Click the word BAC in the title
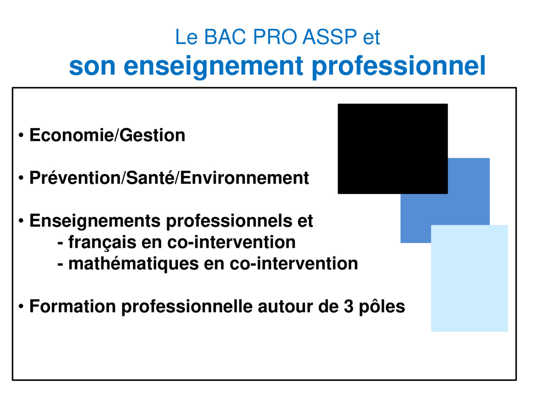225,37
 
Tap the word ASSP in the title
329,37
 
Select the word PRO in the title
275,37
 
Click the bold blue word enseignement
213,67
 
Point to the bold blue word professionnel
399,67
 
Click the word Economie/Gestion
107,135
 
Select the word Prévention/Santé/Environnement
169,178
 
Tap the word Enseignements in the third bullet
95,221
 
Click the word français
102,242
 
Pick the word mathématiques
133,264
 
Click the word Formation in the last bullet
72,307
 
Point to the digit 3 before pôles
349,307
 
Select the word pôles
382,307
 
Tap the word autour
285,307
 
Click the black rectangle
393,149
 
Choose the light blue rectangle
469,278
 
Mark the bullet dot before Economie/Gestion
21,135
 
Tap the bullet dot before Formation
21,306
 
